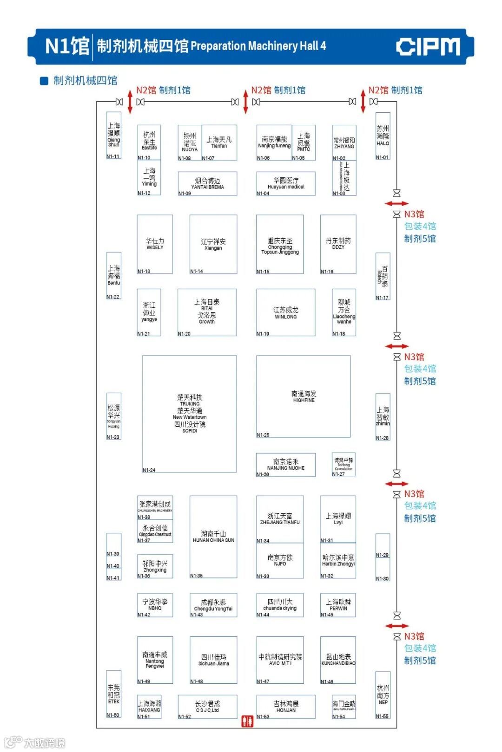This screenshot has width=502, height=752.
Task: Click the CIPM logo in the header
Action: [x=428, y=46]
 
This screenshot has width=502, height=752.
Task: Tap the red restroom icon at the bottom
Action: [x=247, y=721]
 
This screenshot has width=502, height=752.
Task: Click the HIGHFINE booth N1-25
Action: [x=303, y=396]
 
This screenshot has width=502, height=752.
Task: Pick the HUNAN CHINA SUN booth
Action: [x=213, y=537]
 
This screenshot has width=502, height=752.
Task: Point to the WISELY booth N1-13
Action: [x=155, y=244]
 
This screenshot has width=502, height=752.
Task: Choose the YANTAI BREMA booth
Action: [x=207, y=183]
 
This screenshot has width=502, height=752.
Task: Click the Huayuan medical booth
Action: [x=286, y=183]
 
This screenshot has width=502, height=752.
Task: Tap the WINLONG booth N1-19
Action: [x=285, y=312]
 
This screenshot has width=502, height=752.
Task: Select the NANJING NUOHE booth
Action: [x=285, y=465]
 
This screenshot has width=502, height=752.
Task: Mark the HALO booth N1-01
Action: [x=383, y=136]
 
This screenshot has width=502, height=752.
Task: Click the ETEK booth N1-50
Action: [x=114, y=694]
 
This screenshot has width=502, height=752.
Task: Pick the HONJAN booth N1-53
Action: [x=286, y=707]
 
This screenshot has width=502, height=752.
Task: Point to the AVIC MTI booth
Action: [x=280, y=660]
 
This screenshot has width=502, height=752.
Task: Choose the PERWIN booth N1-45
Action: [x=338, y=605]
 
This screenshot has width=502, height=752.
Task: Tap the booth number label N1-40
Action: [x=113, y=566]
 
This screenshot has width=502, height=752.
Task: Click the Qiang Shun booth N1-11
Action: [x=114, y=135]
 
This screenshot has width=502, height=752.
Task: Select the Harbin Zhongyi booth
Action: [x=338, y=560]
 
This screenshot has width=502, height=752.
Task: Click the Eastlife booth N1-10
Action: [x=149, y=142]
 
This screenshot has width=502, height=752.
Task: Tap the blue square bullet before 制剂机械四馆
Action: [x=44, y=81]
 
